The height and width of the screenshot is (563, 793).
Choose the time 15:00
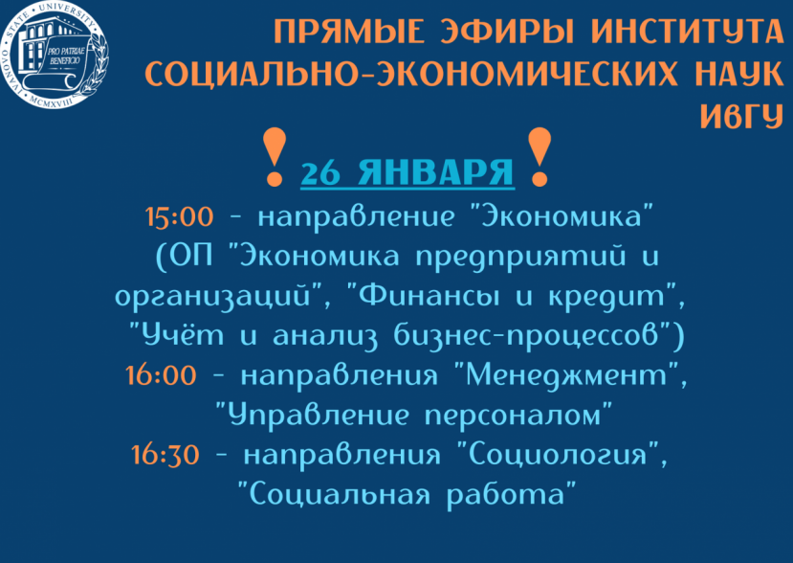tap(179, 216)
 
